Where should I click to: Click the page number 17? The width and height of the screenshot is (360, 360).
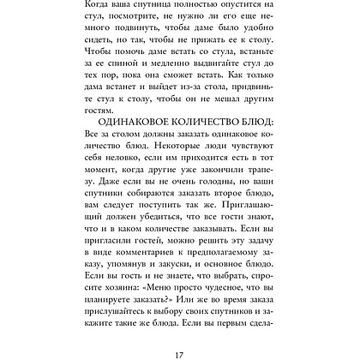click(179, 348)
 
